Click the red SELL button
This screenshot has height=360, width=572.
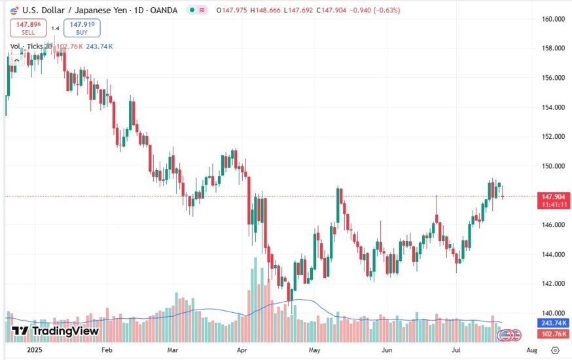[28, 28]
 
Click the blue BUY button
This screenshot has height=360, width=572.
[82, 28]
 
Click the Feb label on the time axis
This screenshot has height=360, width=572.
[107, 350]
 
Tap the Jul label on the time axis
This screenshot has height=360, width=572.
[456, 350]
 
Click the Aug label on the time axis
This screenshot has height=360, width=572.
[531, 350]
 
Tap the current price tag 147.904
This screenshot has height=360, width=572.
[554, 196]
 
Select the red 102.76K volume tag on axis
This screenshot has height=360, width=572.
[554, 334]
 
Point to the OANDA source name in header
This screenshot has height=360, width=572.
[162, 10]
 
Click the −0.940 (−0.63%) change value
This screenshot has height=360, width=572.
[378, 10]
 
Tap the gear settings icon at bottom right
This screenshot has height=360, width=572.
[555, 350]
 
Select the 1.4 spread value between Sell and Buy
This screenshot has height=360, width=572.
[55, 28]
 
